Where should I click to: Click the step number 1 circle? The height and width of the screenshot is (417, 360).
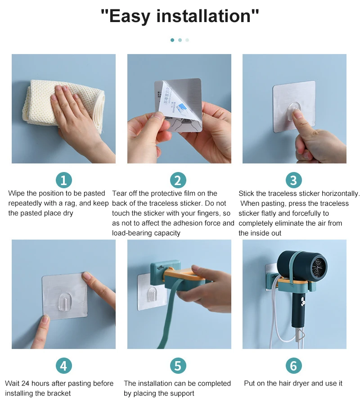tap(64, 180)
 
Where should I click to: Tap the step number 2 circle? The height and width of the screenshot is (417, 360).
tap(178, 180)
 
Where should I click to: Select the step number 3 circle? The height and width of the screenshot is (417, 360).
tap(293, 180)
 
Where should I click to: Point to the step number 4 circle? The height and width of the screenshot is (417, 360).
tap(64, 366)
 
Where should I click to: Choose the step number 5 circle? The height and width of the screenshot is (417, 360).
tap(178, 366)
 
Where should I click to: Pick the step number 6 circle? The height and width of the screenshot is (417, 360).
tap(293, 366)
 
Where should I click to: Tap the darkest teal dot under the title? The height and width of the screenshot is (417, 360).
tap(172, 40)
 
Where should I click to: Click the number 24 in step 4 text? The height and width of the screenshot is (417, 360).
tap(25, 383)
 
